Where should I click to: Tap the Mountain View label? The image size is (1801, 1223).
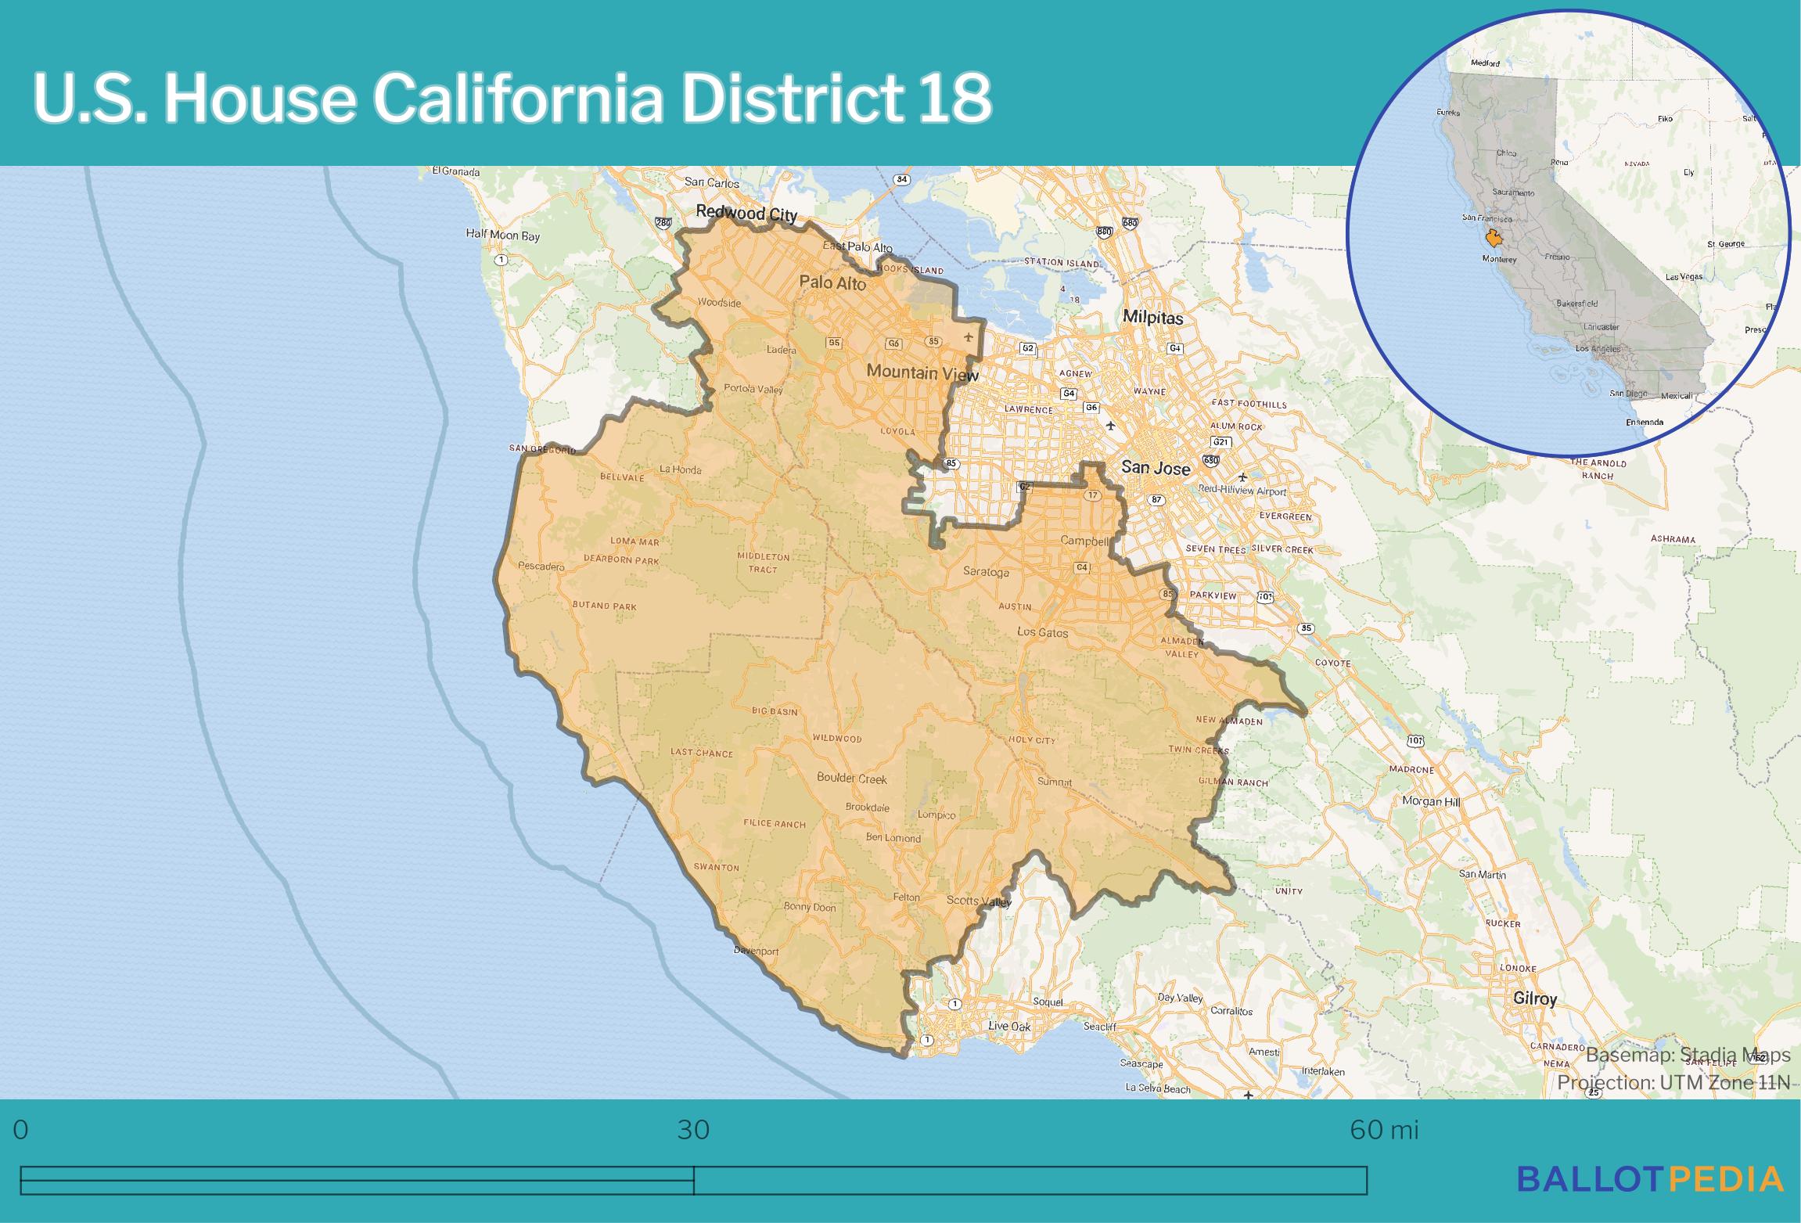[922, 373]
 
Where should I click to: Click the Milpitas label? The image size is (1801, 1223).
[1152, 317]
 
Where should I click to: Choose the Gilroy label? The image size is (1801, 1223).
[1534, 998]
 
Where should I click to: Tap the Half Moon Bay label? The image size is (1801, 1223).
[502, 235]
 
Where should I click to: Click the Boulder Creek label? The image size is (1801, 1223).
[851, 779]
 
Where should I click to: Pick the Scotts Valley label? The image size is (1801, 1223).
[978, 901]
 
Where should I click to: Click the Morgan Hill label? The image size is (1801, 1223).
[1430, 801]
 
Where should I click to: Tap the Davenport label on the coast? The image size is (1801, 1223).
[756, 951]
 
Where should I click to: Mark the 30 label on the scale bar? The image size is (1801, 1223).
[693, 1131]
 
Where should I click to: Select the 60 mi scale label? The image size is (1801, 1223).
[1383, 1131]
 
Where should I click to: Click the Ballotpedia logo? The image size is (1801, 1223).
[1650, 1179]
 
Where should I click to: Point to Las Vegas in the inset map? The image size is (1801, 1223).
[1684, 277]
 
